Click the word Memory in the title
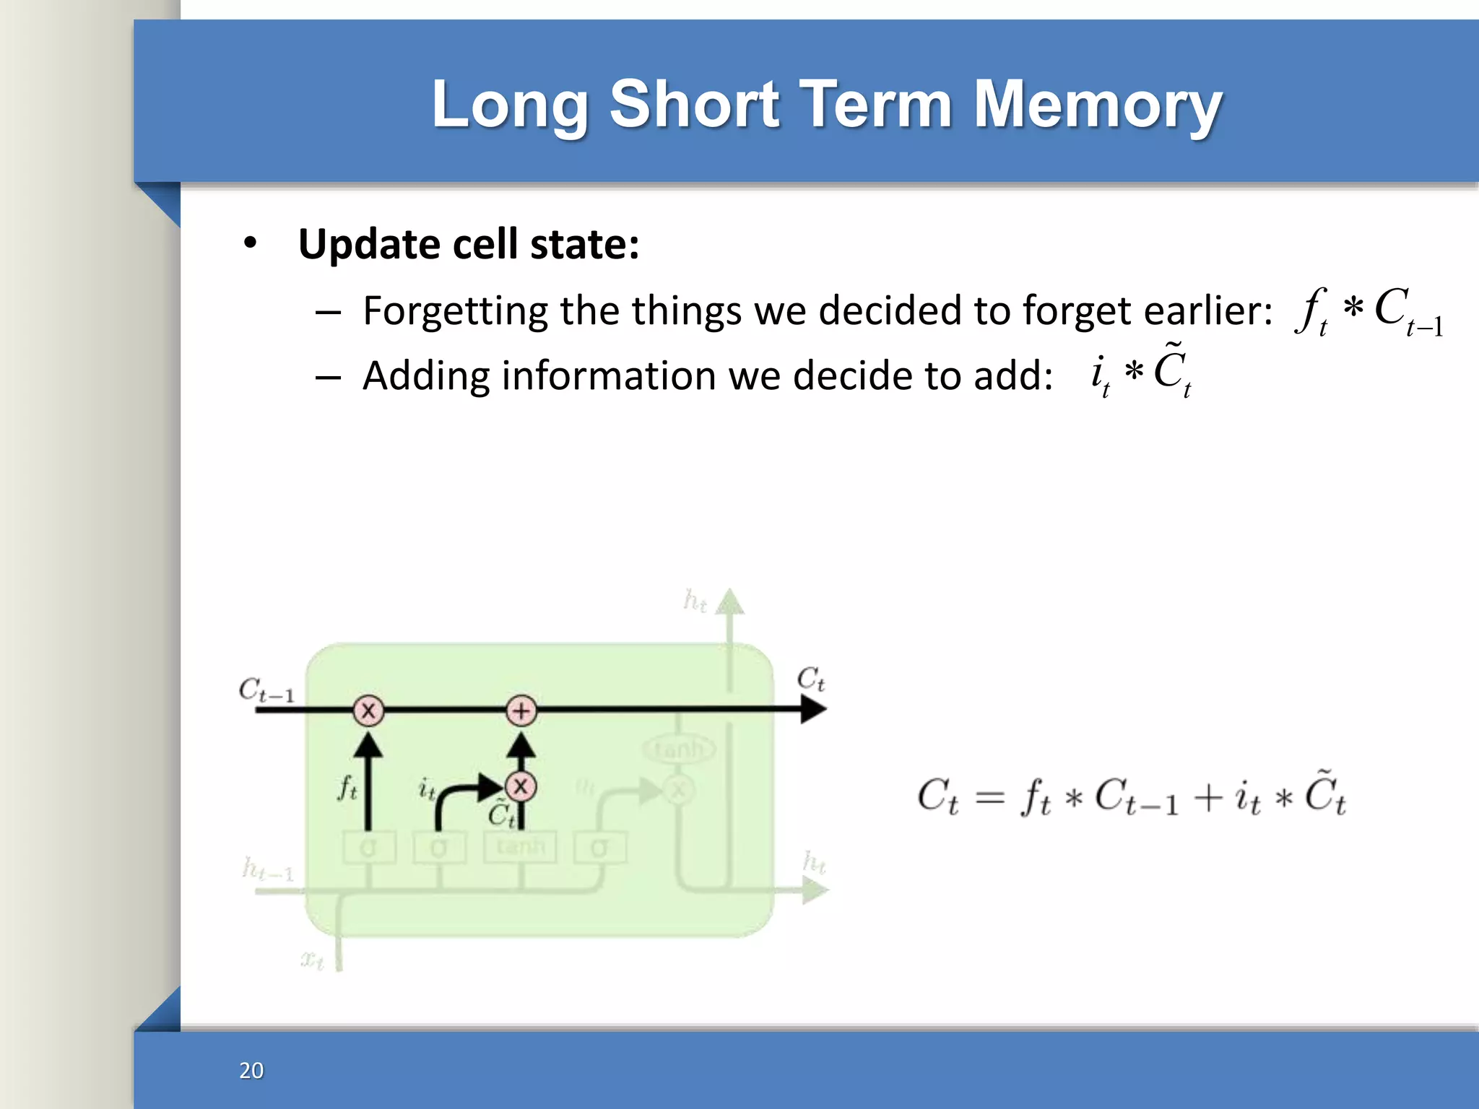1098,105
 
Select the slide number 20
251,1070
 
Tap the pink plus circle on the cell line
521,710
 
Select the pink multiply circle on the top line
368,710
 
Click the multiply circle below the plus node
521,786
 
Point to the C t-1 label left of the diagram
266,690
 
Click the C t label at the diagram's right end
810,679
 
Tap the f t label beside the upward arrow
347,788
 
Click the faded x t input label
312,960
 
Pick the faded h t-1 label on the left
268,869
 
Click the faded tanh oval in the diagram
678,749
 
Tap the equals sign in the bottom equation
989,798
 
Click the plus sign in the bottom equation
1207,798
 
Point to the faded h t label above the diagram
695,600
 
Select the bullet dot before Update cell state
250,243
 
